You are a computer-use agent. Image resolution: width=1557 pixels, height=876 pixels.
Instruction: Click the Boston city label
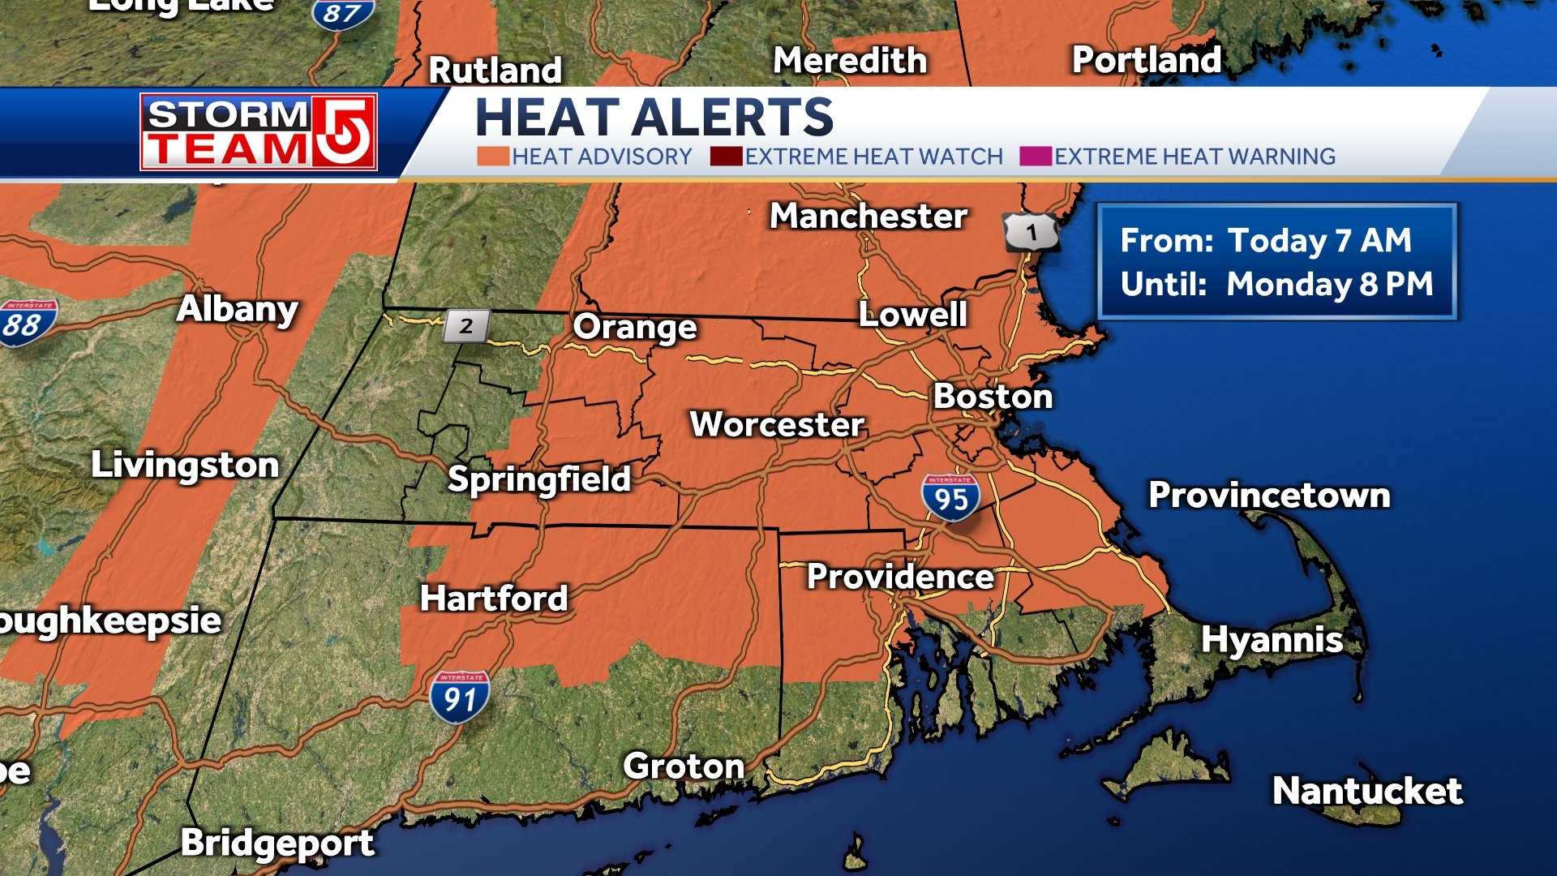click(993, 397)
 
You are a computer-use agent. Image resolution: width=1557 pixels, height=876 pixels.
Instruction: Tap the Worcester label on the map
click(776, 424)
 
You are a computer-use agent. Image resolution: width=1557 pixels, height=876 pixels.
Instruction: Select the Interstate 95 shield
click(950, 497)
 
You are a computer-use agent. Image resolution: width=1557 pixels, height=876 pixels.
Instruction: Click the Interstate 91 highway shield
click(460, 697)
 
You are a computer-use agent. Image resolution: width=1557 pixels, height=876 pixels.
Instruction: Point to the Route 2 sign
click(466, 326)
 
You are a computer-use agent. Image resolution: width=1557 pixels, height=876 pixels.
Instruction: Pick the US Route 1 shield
click(1031, 233)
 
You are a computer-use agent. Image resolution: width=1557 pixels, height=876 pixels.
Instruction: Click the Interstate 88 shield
click(26, 323)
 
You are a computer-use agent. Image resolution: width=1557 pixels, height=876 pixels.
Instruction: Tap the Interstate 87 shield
click(344, 13)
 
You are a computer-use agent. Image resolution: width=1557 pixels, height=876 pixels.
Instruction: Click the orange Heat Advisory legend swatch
click(492, 156)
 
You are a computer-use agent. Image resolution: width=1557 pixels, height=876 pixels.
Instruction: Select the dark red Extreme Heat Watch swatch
click(726, 156)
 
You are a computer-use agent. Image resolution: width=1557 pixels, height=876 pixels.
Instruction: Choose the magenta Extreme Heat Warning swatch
click(1036, 156)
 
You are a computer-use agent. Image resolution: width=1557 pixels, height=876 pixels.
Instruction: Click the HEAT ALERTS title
click(654, 118)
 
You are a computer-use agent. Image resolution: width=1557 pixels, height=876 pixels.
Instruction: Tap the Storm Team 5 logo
click(259, 131)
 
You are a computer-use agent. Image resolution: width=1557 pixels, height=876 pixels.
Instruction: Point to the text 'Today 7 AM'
click(1319, 240)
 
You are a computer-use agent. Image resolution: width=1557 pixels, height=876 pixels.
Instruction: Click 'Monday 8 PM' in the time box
click(1329, 284)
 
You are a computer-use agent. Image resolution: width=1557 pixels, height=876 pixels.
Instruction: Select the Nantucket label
click(1367, 791)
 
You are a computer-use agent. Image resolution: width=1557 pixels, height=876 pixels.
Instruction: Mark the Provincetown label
click(1269, 495)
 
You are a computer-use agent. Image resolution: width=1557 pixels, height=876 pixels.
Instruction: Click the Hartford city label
click(494, 599)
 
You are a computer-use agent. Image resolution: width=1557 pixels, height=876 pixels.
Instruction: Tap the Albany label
click(238, 309)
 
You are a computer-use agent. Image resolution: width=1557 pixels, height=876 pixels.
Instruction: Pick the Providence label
click(900, 577)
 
